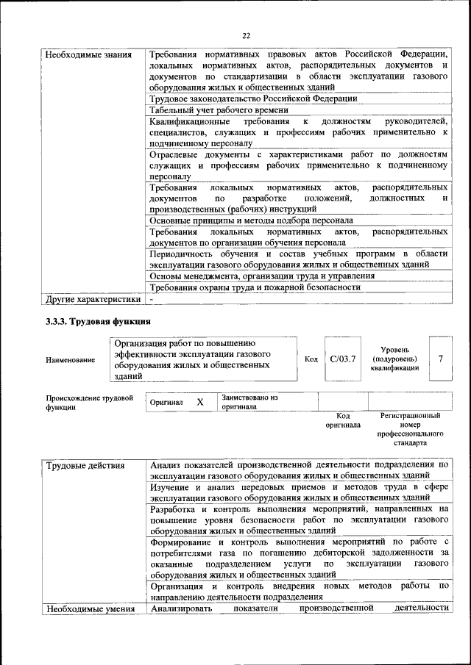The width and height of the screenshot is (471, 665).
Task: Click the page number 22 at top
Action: [x=247, y=35]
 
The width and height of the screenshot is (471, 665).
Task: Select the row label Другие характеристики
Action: [x=93, y=299]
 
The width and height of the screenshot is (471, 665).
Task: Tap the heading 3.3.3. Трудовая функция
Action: [x=98, y=322]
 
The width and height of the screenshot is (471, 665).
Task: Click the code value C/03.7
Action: [x=343, y=359]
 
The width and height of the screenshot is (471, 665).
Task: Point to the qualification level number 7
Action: [x=440, y=359]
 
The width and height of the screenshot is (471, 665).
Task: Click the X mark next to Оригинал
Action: [x=199, y=402]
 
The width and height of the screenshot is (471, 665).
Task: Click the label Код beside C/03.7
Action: [x=311, y=359]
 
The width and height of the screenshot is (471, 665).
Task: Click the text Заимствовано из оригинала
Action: [x=249, y=402]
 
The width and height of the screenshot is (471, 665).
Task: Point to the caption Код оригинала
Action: [x=342, y=420]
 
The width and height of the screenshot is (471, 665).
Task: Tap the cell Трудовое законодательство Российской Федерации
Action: [x=253, y=98]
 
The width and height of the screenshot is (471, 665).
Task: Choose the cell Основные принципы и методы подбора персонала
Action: [x=251, y=220]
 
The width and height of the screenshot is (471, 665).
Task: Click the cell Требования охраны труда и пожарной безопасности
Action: [x=255, y=287]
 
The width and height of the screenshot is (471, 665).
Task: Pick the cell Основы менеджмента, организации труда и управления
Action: [x=262, y=276]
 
